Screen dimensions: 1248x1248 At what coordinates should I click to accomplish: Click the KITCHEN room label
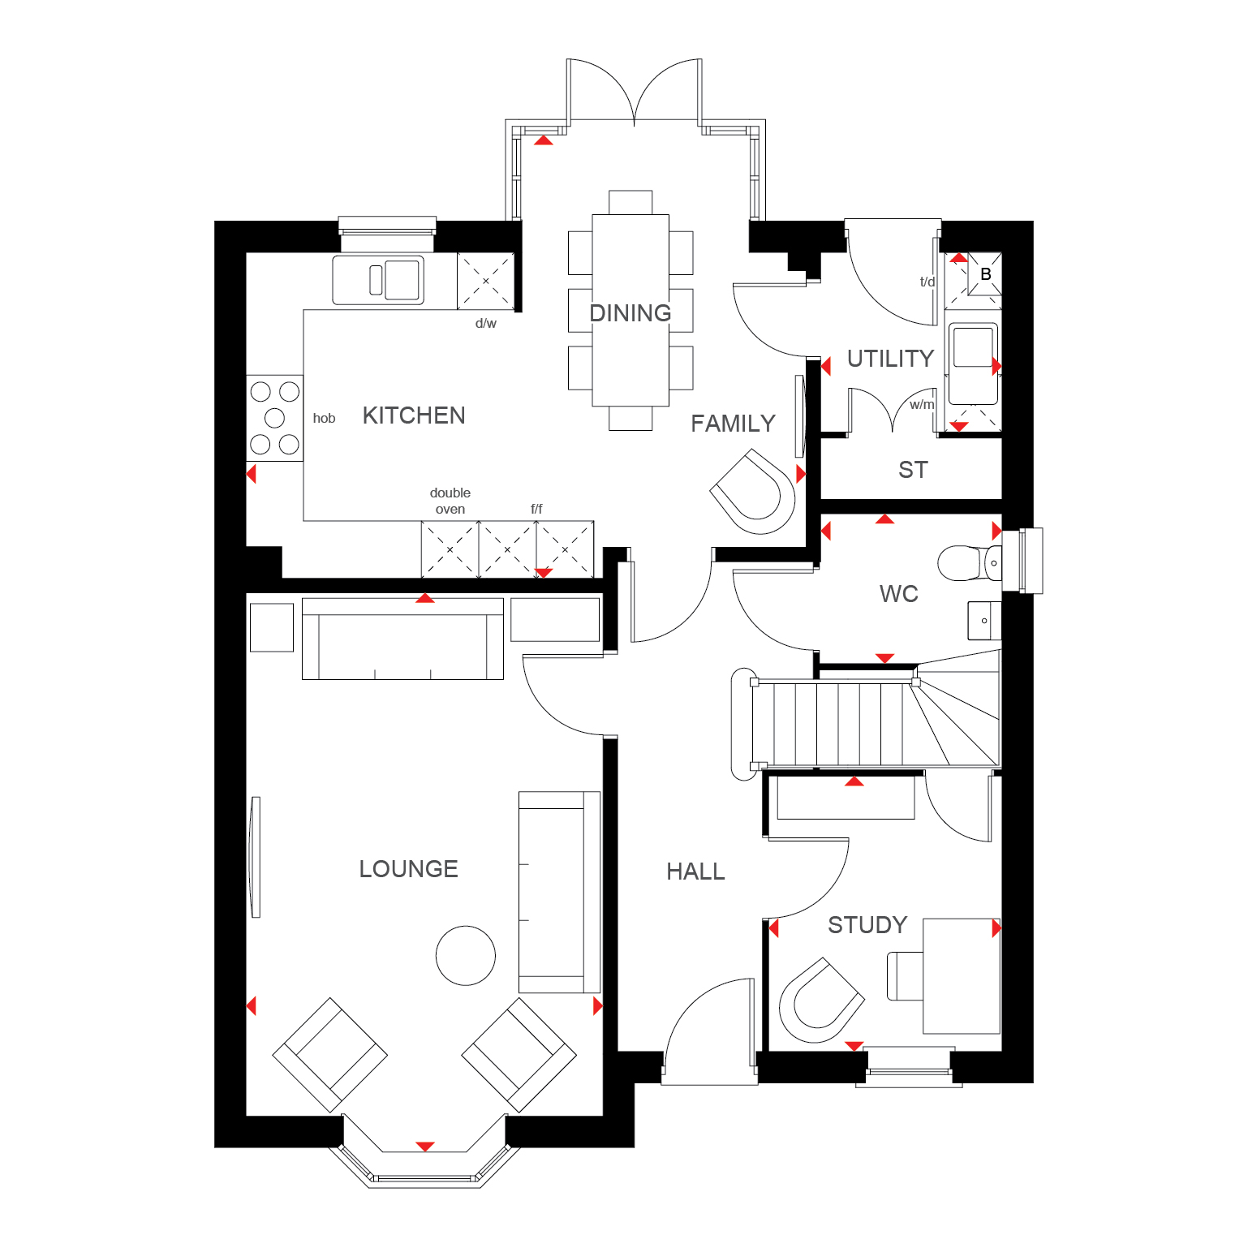(414, 415)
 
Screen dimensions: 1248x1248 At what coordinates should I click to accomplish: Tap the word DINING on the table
(630, 313)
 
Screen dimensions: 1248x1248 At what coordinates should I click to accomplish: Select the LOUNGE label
(408, 869)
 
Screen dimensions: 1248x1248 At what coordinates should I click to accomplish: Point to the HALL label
(695, 871)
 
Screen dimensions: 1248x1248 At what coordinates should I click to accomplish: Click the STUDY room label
(867, 925)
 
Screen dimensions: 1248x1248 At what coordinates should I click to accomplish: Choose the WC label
(899, 594)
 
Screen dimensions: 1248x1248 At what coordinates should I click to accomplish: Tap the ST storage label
(913, 470)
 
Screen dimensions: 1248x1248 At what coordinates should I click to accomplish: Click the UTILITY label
(890, 359)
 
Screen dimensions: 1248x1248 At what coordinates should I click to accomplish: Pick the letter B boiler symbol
(986, 274)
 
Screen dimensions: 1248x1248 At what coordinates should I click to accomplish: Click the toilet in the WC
(970, 562)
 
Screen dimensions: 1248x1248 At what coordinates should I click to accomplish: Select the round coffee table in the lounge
(466, 956)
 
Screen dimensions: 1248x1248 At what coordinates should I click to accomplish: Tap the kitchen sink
(378, 280)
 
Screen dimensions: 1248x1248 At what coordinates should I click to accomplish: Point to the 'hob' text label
(324, 419)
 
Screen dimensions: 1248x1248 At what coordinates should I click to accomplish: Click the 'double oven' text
(450, 501)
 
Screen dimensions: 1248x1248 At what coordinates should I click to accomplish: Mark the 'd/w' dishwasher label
(486, 323)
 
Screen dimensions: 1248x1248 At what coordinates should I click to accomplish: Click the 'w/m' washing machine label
(922, 404)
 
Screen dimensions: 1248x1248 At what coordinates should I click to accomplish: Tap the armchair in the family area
(753, 492)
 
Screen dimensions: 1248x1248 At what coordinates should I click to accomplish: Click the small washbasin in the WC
(984, 621)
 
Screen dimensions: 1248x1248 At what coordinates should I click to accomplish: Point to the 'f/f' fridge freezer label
(536, 509)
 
